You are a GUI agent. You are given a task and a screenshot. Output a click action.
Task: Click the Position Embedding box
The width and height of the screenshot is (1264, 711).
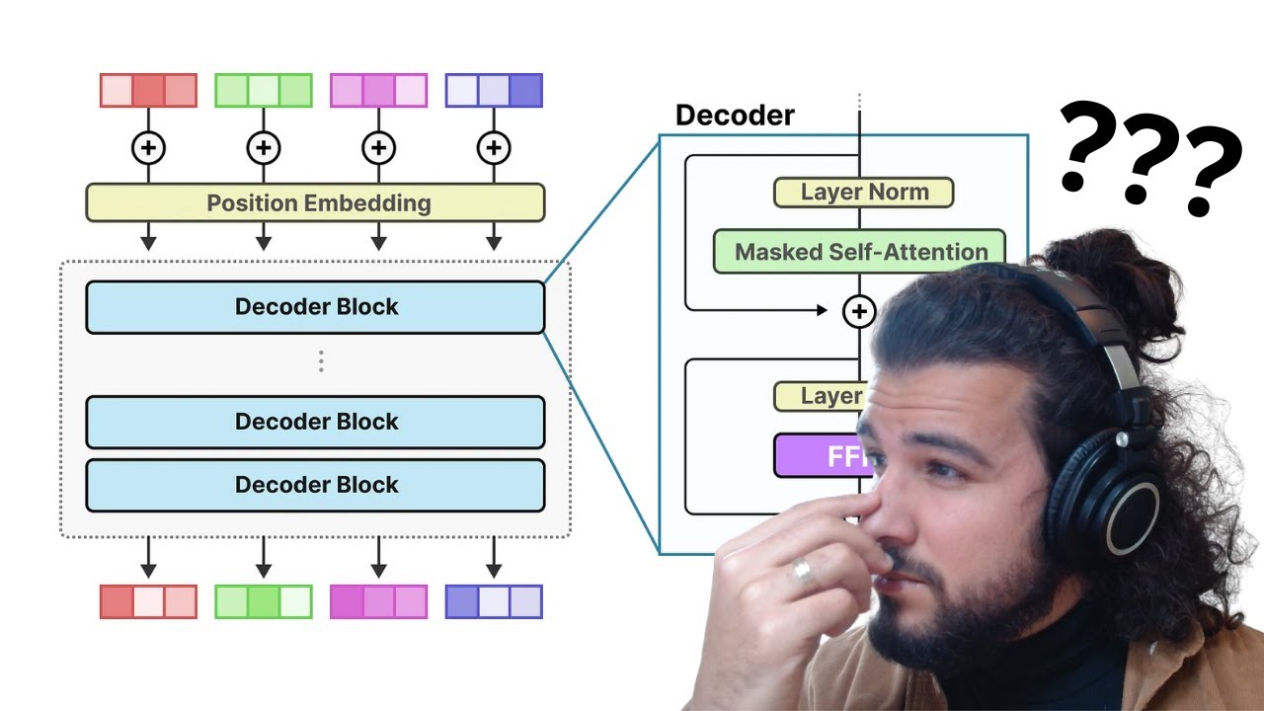click(315, 202)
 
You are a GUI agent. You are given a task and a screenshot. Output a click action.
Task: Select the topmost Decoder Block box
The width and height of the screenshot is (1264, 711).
click(315, 307)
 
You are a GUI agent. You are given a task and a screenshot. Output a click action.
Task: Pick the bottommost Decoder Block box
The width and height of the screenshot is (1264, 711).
click(315, 485)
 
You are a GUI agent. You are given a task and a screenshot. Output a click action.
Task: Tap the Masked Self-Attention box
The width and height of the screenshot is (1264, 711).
click(859, 252)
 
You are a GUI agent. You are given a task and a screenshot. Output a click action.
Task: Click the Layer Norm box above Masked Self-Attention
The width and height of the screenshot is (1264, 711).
click(863, 192)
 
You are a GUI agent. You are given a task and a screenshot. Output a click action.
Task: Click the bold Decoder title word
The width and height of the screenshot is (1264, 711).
click(735, 116)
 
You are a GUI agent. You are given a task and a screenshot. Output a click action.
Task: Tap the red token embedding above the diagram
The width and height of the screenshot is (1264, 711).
click(148, 90)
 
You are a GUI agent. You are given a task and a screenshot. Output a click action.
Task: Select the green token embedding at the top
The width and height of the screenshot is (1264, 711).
click(264, 90)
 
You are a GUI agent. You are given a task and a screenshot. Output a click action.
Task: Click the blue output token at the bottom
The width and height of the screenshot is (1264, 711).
click(494, 601)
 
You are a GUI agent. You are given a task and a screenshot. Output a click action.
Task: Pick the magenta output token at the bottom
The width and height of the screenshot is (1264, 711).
click(378, 601)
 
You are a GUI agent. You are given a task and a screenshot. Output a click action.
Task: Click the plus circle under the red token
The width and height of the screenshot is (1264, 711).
click(148, 148)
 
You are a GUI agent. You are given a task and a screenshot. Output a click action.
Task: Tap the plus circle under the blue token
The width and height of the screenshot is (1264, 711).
click(494, 148)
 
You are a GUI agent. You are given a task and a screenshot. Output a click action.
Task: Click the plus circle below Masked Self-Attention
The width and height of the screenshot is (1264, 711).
click(859, 311)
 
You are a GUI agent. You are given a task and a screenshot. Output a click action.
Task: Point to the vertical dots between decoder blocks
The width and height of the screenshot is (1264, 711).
click(321, 362)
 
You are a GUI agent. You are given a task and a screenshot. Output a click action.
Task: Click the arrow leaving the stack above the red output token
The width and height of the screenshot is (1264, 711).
click(148, 558)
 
